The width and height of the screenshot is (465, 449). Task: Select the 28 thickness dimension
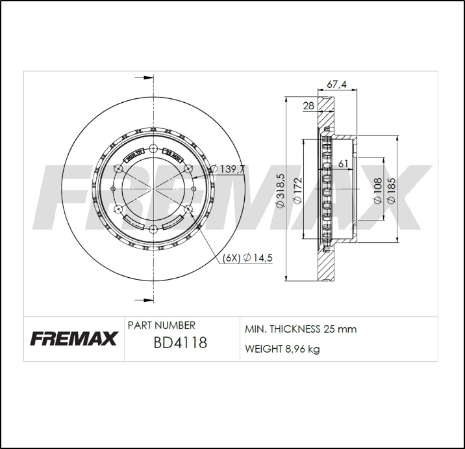click(308, 106)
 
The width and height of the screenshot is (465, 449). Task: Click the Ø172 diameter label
click(297, 192)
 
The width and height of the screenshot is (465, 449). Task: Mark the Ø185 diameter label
click(391, 191)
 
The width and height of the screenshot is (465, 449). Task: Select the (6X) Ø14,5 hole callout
click(247, 258)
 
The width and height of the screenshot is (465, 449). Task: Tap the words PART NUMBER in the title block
click(161, 325)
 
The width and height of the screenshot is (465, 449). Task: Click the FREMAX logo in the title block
click(73, 339)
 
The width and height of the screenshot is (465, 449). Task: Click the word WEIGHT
click(262, 349)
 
